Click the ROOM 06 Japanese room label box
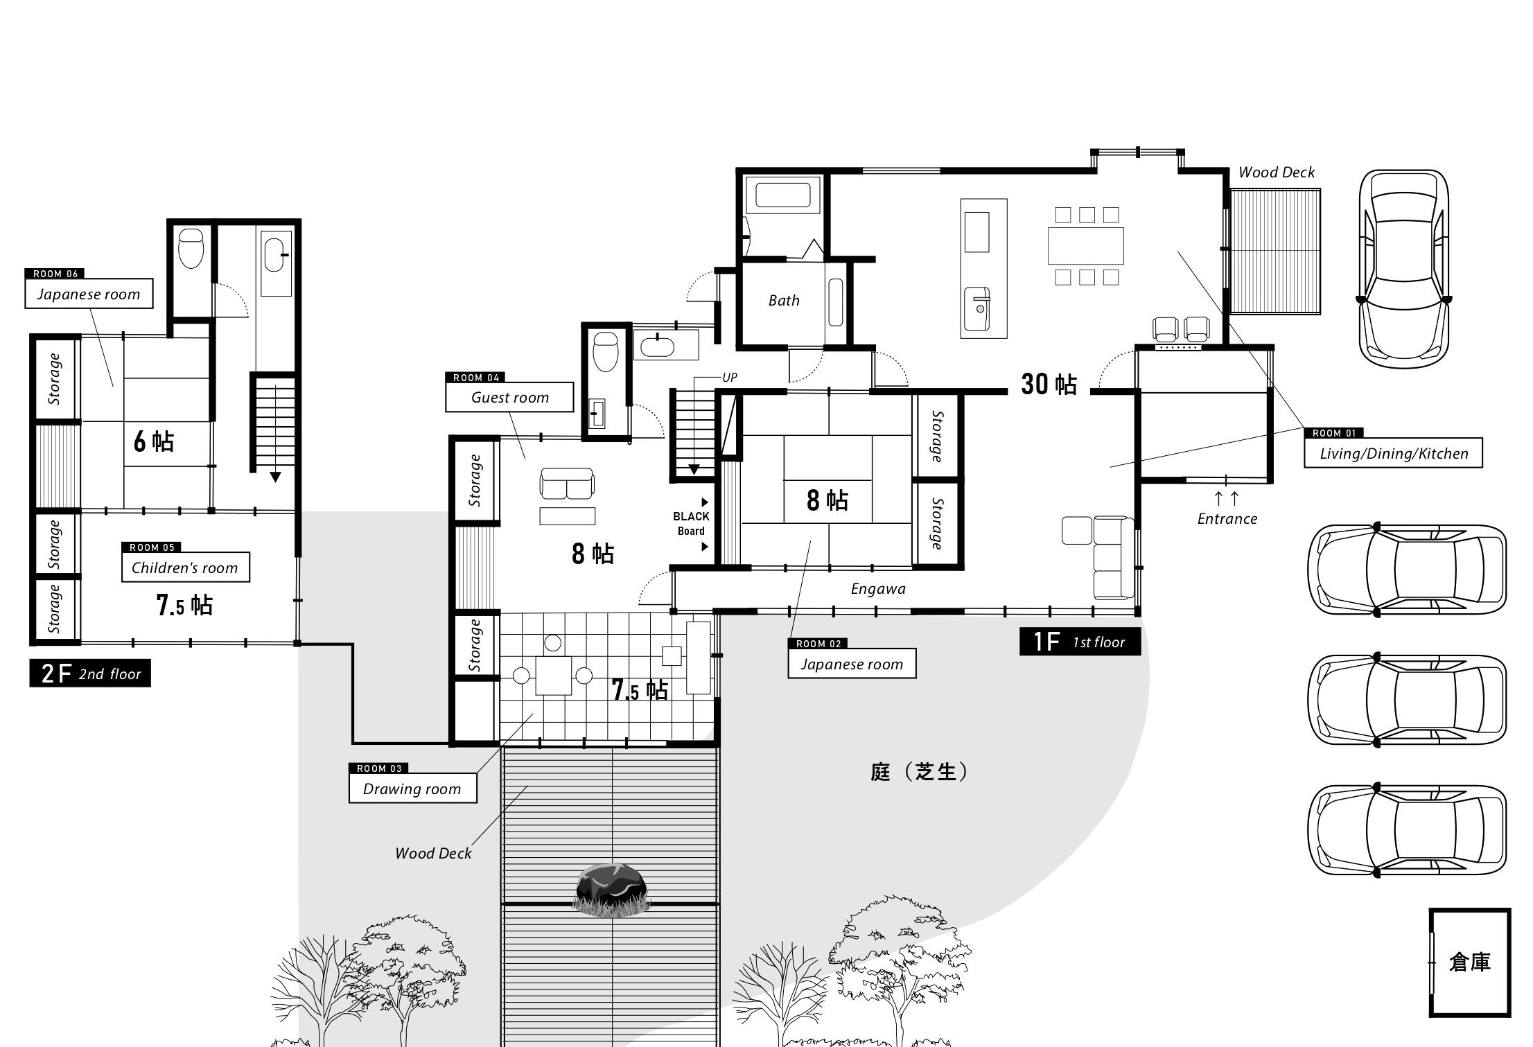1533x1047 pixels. point(89,294)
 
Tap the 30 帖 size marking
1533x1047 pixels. point(1049,384)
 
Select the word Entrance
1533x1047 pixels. point(1227,518)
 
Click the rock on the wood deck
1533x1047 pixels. point(612,890)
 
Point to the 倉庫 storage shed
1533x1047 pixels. point(1470,962)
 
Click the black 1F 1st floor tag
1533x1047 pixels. point(1080,642)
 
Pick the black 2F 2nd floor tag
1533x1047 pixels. point(90,673)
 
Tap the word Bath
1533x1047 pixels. point(784,300)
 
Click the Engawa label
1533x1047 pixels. point(878,589)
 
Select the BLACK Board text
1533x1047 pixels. point(691,524)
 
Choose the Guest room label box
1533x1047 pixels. point(509,397)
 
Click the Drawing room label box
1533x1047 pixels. point(412,789)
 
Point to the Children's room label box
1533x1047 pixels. point(185,568)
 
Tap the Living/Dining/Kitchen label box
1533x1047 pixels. point(1393,453)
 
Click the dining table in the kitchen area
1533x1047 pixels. point(1086,246)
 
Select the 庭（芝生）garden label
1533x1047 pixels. point(919,772)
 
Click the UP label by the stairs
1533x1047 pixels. point(730,378)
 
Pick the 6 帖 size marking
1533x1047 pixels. point(154,441)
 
